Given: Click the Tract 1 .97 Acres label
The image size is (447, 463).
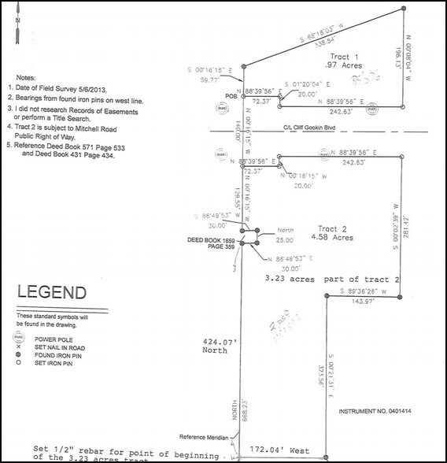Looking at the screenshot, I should (x=344, y=61).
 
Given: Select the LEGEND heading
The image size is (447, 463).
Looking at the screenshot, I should (x=48, y=297).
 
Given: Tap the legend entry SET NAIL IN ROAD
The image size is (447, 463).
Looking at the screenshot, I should (x=54, y=347).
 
